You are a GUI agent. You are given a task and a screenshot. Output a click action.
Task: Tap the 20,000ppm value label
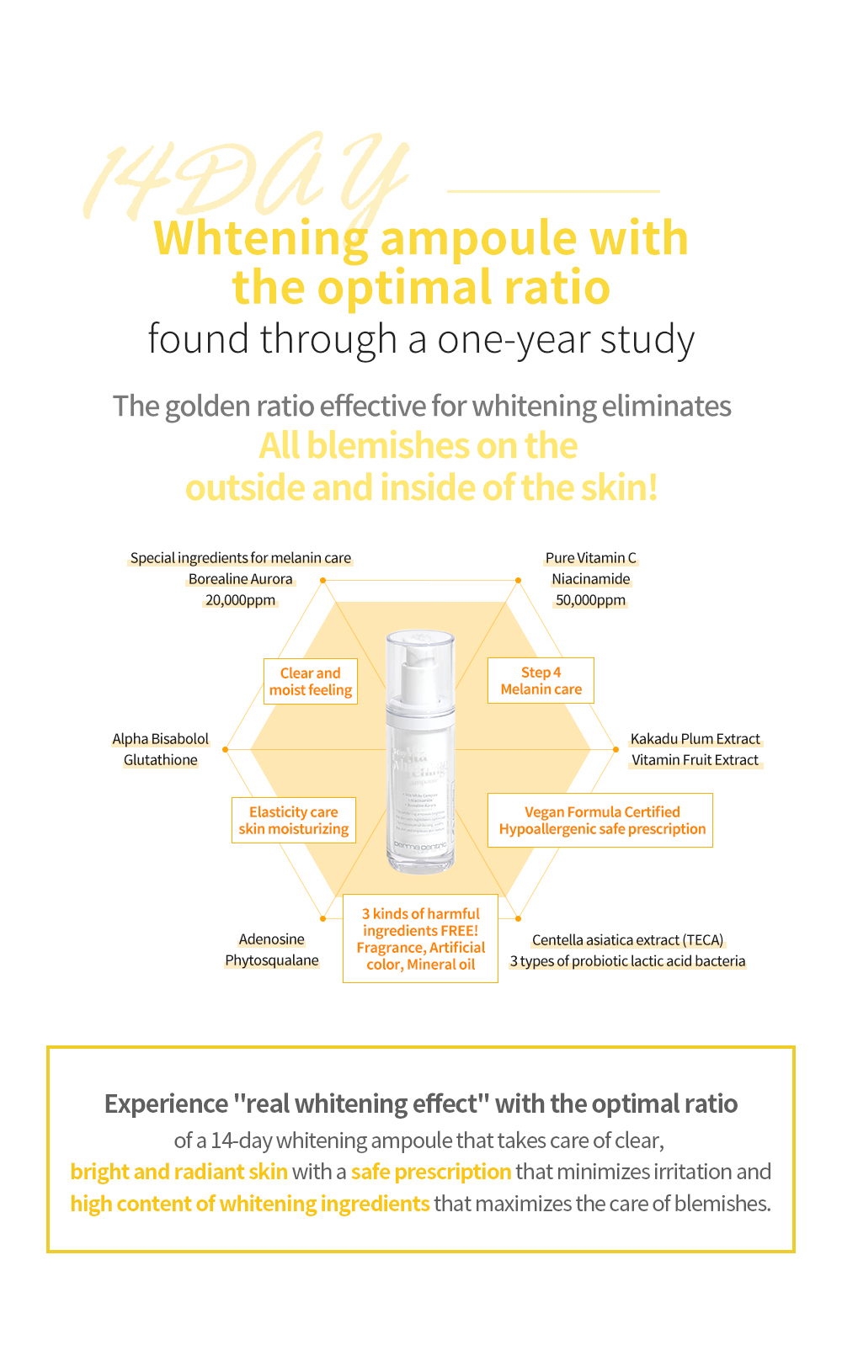click(x=240, y=600)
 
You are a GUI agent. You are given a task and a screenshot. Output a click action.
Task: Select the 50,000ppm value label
click(x=590, y=600)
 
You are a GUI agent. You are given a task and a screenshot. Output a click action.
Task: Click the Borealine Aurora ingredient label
click(x=240, y=579)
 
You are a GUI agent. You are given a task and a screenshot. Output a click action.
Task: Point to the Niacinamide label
click(x=590, y=579)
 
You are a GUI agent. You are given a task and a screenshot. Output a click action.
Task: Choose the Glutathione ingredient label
click(x=161, y=760)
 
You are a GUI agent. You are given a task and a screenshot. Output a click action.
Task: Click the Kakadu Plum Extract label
click(x=695, y=739)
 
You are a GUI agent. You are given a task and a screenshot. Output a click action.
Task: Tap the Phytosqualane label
click(x=272, y=960)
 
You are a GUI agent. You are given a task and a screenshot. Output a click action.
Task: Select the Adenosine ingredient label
click(x=271, y=939)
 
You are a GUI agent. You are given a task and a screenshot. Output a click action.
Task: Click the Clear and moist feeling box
click(x=311, y=682)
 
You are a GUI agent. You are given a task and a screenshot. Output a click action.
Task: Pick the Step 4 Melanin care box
click(x=541, y=681)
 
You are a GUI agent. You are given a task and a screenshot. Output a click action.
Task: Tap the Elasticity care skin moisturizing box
click(x=294, y=821)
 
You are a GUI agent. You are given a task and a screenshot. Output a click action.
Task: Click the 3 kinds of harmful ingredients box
click(x=420, y=939)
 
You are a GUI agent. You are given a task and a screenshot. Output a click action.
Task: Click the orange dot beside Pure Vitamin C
click(x=519, y=580)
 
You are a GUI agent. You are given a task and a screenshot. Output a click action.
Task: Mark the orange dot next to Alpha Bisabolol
click(x=226, y=748)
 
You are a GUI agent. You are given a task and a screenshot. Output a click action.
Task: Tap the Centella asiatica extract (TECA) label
click(x=627, y=940)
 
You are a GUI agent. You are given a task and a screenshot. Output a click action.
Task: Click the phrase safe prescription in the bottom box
click(x=431, y=1172)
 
